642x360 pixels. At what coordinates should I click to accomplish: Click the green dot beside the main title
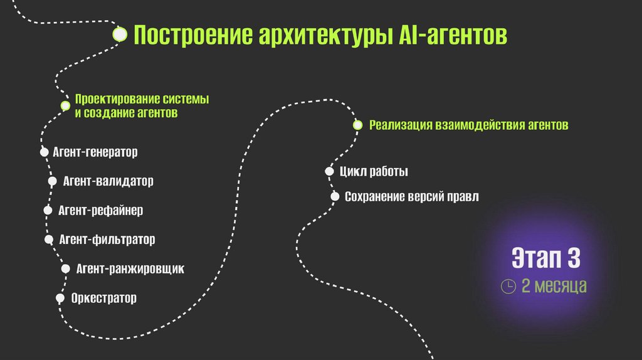pos(120,34)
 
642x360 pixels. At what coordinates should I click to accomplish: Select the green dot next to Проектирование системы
pos(65,105)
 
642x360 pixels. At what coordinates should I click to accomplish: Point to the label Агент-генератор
pos(95,152)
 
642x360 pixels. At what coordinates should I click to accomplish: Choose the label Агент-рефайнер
pos(100,211)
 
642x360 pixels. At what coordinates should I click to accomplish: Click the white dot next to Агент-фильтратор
pos(49,239)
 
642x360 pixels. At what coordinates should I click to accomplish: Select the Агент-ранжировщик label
pos(130,269)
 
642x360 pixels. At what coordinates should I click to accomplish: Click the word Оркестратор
pos(103,298)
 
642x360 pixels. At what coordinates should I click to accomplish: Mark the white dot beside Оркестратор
pos(60,298)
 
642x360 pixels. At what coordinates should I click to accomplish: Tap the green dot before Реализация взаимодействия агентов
pos(357,125)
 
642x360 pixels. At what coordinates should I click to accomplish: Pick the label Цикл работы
pos(374,171)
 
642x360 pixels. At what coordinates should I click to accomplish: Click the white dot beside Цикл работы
pos(329,171)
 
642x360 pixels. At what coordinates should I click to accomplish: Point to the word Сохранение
pos(374,197)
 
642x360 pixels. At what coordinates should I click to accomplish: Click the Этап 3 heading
pos(545,258)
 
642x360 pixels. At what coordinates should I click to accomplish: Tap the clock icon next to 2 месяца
pos(508,287)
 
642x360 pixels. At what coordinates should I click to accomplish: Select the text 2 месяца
pos(554,287)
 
